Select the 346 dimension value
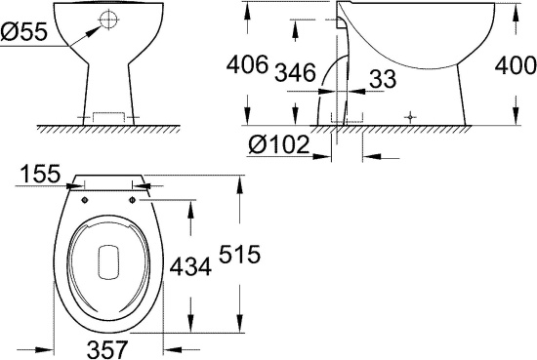(x=295, y=72)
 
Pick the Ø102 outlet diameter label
(x=277, y=145)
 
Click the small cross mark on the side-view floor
(x=411, y=116)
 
